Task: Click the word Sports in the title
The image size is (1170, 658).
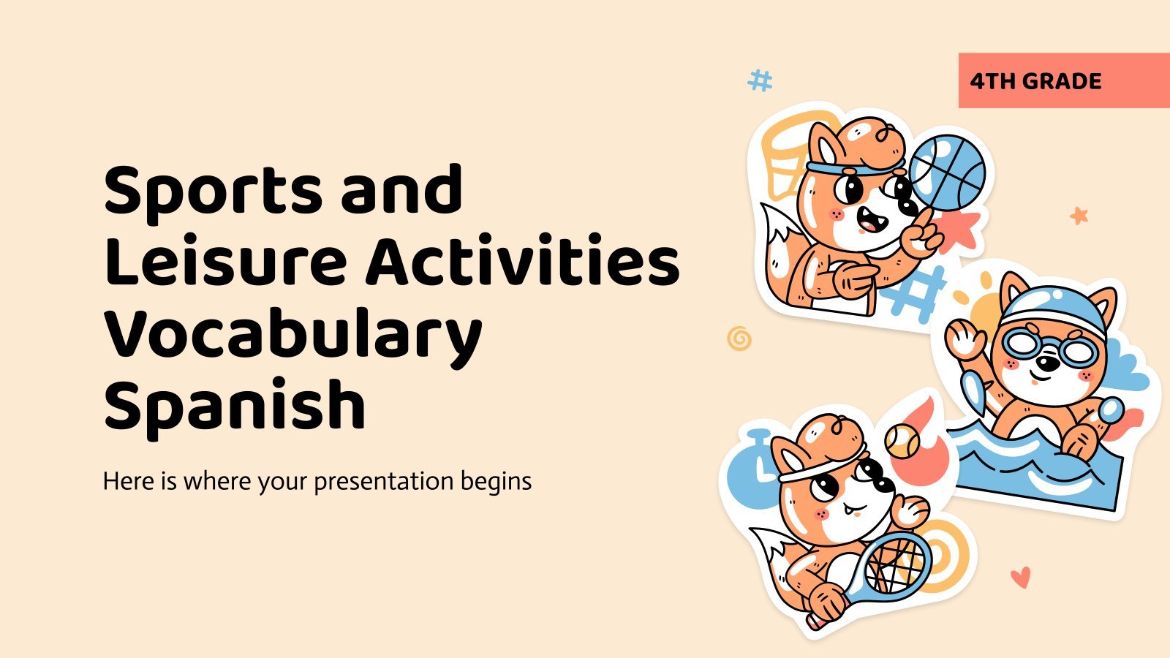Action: pos(213,191)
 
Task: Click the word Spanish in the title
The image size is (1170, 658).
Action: pos(235,404)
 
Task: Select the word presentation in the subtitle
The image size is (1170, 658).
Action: pos(383,482)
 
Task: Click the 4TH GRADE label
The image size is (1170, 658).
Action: pos(1035,81)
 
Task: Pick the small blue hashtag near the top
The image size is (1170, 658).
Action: pos(760,80)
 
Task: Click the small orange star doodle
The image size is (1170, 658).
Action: pos(1079,215)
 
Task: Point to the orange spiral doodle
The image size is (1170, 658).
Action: pos(739,339)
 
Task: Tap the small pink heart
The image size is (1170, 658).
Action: pos(1020,577)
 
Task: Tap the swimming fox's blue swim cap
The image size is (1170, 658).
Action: pos(1055,309)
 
